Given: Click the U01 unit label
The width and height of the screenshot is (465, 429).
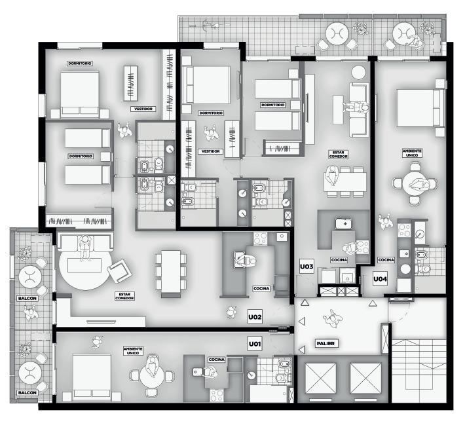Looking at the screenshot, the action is (x=255, y=344).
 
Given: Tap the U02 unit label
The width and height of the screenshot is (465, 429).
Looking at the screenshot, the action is (x=255, y=317).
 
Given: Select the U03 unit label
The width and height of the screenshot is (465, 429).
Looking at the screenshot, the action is (x=307, y=267).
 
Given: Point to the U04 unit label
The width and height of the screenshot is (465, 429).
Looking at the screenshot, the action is (x=380, y=279).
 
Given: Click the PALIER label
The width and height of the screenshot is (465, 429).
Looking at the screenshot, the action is (x=325, y=344).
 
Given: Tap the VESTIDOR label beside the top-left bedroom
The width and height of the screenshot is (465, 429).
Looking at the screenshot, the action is (x=143, y=109).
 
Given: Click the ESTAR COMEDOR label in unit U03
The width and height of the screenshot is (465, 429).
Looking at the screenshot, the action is (x=338, y=155).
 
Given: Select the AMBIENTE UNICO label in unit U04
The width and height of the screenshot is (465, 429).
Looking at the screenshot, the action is (x=412, y=153).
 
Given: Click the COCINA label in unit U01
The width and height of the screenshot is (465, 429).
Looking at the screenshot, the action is (x=217, y=360).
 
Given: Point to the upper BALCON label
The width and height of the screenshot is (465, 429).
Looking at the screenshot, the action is (x=28, y=298).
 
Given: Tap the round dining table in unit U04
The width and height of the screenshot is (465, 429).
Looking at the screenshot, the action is (x=415, y=183).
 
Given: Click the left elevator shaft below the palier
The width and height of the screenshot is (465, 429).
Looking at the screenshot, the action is (x=320, y=378).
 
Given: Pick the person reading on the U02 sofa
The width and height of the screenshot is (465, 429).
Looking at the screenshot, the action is (x=85, y=246).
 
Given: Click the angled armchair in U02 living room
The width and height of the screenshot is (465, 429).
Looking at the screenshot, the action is (x=119, y=270).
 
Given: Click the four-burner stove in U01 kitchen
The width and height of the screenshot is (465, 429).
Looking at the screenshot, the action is (x=217, y=395).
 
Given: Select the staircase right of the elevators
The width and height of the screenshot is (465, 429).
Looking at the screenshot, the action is (x=418, y=371).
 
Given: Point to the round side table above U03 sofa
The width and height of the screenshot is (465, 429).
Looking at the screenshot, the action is (x=358, y=72).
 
